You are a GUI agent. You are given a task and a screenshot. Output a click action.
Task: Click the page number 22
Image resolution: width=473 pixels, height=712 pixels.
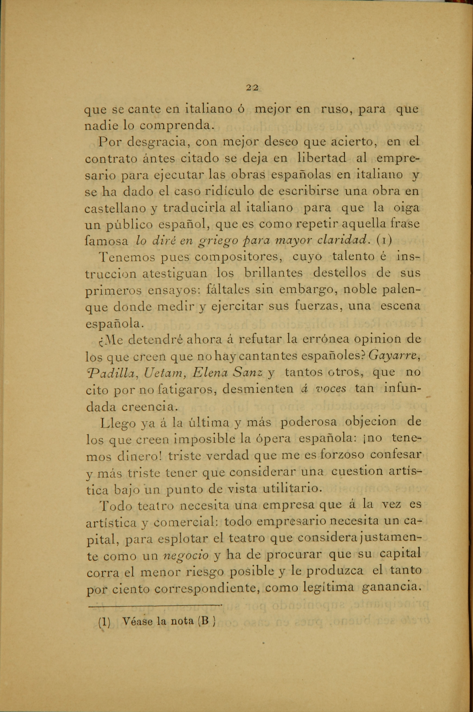pos(252,87)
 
